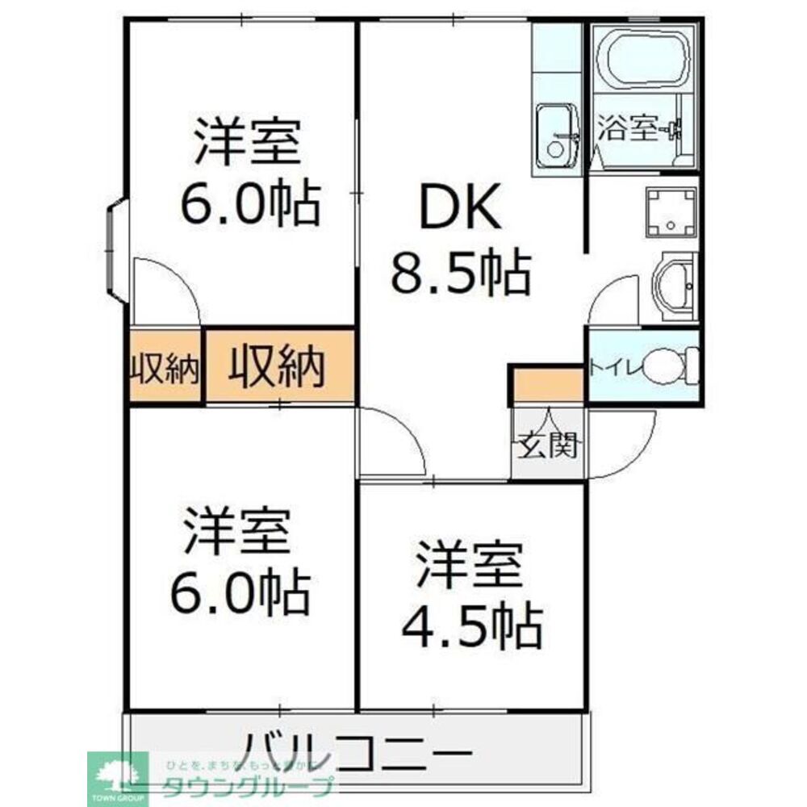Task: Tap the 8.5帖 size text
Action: click(461, 273)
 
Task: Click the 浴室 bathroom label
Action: click(629, 129)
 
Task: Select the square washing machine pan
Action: click(670, 212)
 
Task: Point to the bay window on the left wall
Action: click(115, 251)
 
